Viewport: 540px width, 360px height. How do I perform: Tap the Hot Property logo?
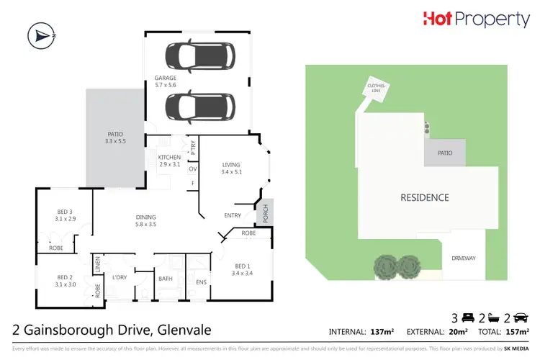pos(477,19)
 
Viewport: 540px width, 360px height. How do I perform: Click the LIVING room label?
pos(231,168)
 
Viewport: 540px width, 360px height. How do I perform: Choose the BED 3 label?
pos(66,214)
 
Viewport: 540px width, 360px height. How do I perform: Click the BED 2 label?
pos(66,280)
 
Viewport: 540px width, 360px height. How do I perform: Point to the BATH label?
pos(165,278)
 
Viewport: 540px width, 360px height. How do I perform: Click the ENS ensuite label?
pos(201,282)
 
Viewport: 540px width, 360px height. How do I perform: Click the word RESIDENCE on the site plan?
pos(425,197)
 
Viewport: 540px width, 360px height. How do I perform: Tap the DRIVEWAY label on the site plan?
pos(464,257)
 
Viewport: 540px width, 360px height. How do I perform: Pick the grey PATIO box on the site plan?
pos(444,153)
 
